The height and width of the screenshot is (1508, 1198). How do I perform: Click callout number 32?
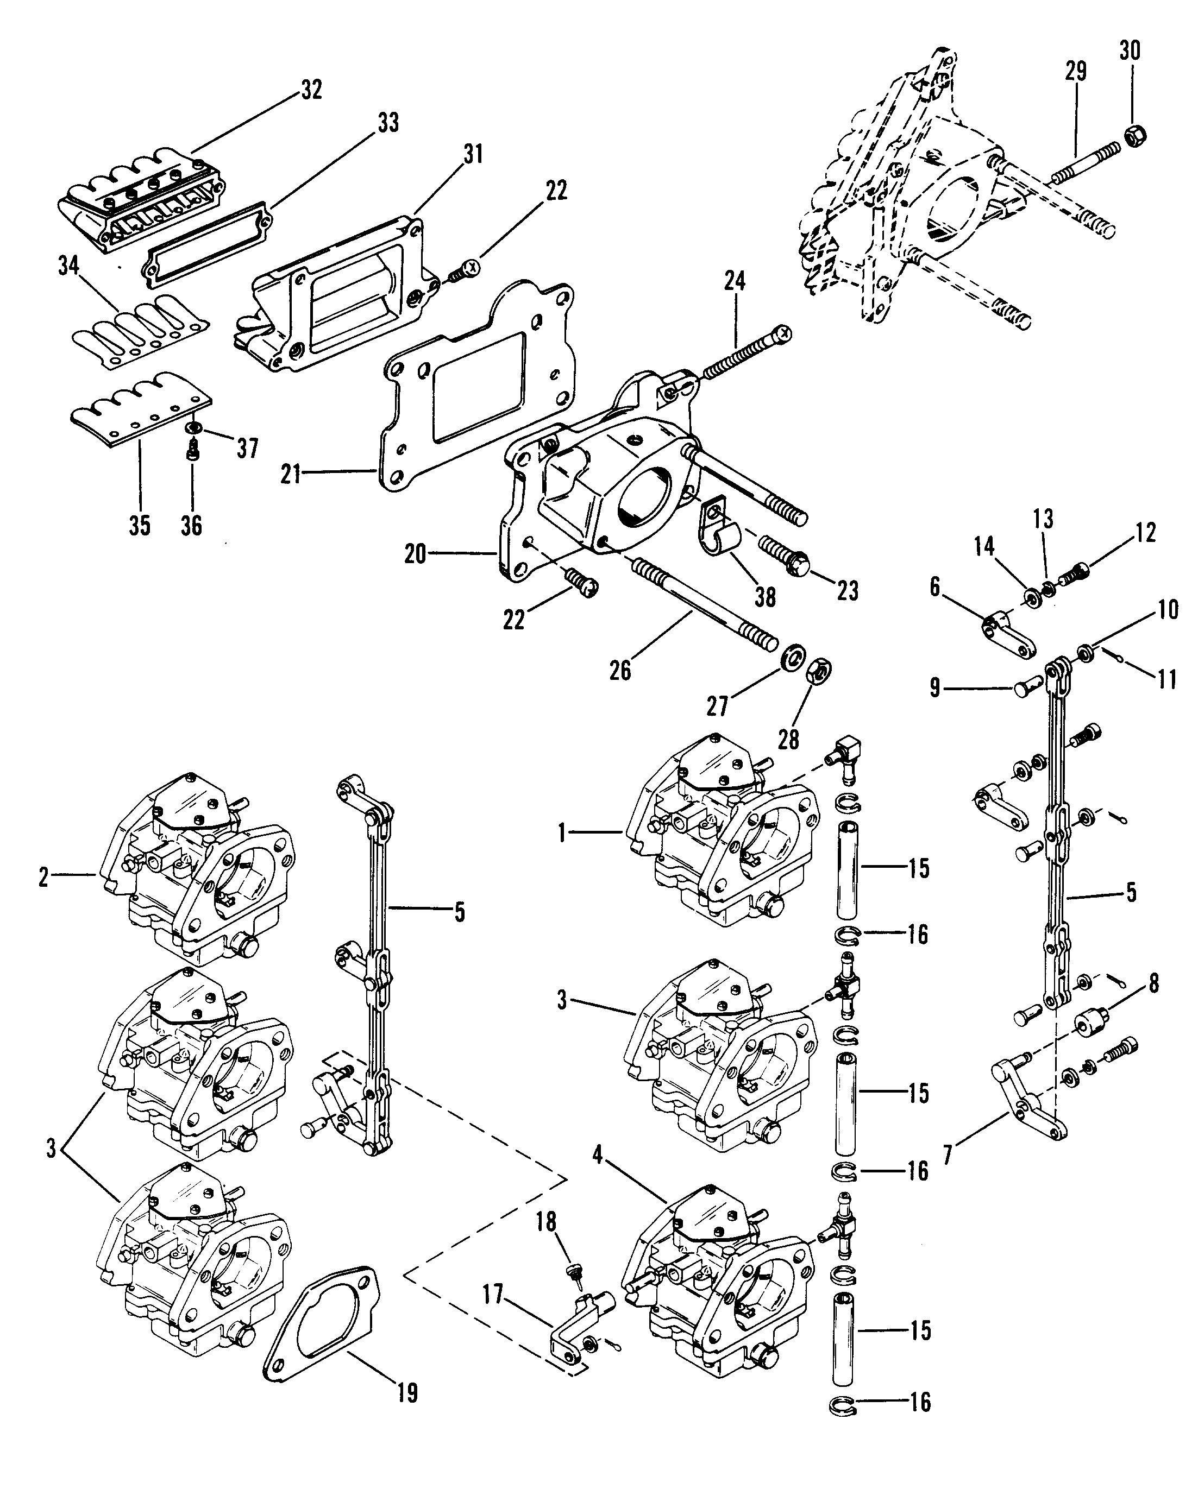(x=311, y=90)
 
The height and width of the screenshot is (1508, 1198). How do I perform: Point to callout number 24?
(x=735, y=281)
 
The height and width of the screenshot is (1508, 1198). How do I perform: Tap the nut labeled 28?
(x=819, y=670)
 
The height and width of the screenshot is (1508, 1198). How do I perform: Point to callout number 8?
(x=1153, y=984)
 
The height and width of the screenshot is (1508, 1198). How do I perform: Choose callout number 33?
(x=388, y=122)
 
